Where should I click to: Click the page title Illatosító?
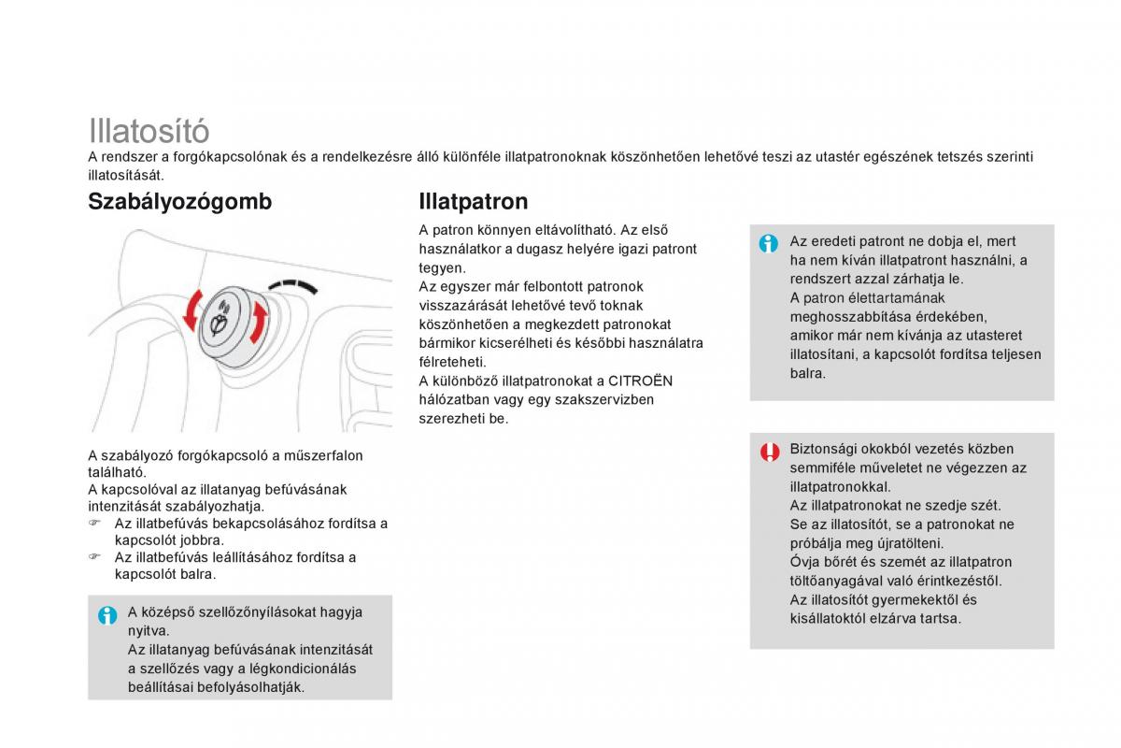(x=149, y=130)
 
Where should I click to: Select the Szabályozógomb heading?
(x=179, y=202)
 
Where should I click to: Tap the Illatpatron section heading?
(x=474, y=202)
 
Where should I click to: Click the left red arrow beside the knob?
(x=192, y=309)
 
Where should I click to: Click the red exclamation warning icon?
(x=769, y=452)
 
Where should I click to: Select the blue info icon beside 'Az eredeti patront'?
(x=769, y=244)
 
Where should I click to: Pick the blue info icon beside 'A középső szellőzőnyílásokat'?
(x=107, y=615)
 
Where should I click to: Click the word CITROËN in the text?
(x=640, y=381)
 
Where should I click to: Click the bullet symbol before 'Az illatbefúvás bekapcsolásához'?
(x=94, y=524)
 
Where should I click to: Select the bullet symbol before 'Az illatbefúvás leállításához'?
(x=94, y=557)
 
